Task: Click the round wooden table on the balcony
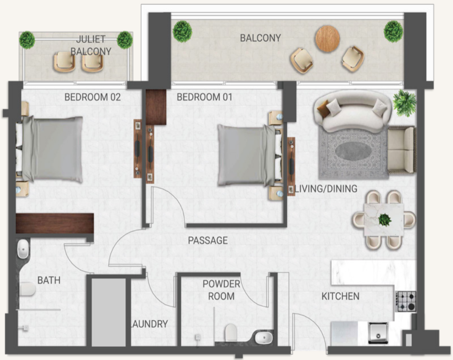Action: click(x=327, y=39)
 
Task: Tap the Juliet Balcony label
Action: click(x=91, y=45)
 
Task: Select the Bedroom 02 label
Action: click(x=92, y=97)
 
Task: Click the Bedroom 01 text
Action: click(x=204, y=97)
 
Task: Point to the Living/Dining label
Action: click(x=326, y=189)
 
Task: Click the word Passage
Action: click(x=208, y=240)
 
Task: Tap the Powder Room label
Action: click(x=221, y=290)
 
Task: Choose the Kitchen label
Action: click(x=340, y=297)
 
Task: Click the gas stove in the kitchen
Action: click(x=406, y=302)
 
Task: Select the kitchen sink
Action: click(x=378, y=333)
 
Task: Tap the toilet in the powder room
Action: click(x=230, y=332)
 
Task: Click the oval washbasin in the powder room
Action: click(x=264, y=337)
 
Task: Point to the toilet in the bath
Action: click(x=27, y=289)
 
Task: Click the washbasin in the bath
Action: click(x=23, y=249)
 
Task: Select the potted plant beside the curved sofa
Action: click(x=405, y=103)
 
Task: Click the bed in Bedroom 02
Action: click(x=49, y=149)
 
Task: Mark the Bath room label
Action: click(x=49, y=280)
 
